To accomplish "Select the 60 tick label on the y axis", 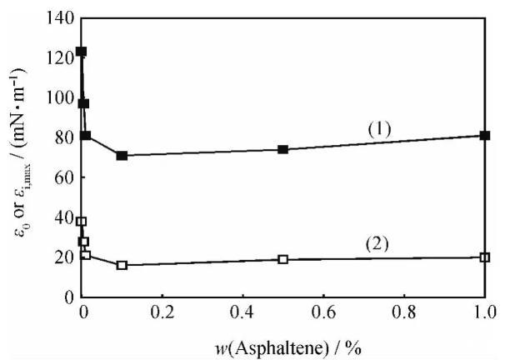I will coord(63,177).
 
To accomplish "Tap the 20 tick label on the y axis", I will coord(63,257).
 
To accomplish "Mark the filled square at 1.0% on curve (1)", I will coord(485,135).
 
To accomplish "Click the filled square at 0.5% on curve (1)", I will coord(283,149).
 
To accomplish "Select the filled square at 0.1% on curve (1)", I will coord(122,156).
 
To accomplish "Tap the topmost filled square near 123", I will coord(81,52).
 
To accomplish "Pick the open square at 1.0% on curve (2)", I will coord(485,257).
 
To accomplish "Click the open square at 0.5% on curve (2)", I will coord(283,259).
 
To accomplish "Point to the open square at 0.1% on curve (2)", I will coord(122,265).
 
